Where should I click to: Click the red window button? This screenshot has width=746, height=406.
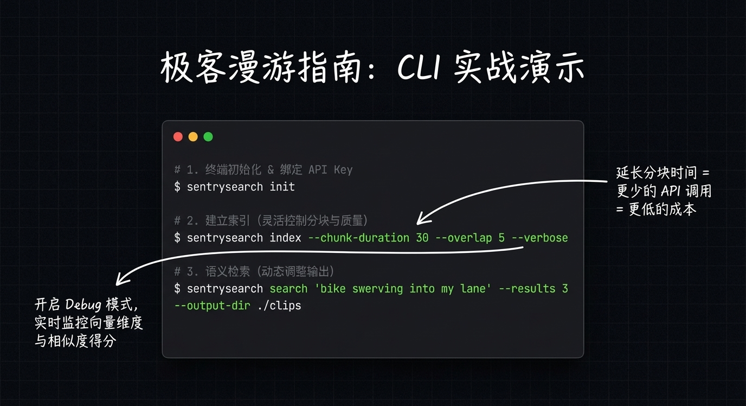178,137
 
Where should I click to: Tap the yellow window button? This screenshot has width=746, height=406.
193,137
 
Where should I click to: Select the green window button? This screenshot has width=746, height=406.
208,137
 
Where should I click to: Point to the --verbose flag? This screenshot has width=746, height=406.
539,238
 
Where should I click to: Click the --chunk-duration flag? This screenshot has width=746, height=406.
358,238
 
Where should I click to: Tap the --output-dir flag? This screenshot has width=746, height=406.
212,306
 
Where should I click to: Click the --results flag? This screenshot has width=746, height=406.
526,289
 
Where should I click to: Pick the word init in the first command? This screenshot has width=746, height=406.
282,187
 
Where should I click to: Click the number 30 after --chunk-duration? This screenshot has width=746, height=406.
422,238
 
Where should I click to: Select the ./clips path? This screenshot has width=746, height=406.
279,306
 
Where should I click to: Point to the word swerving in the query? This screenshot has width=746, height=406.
377,289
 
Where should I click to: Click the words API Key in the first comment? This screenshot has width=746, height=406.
330,170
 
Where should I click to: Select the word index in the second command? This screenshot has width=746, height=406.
285,238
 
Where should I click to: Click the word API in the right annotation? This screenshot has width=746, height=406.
673,191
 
